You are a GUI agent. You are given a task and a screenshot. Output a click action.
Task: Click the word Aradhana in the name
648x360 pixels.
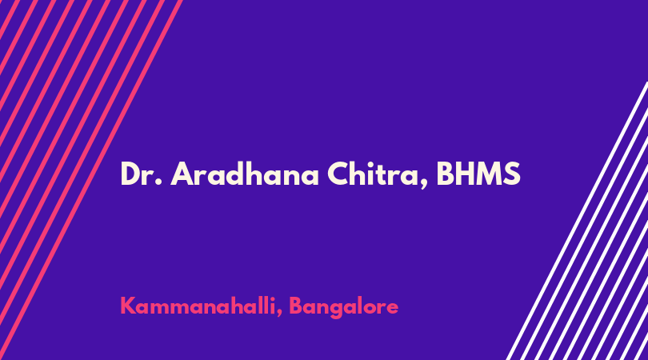coord(245,174)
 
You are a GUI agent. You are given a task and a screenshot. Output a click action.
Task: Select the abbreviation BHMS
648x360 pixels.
coord(478,174)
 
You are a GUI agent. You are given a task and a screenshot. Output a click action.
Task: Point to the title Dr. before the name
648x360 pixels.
coord(141,174)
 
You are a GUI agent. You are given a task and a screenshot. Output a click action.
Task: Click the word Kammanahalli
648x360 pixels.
coord(198,306)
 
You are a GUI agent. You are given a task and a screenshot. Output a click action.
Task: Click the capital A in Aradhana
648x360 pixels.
coord(182,174)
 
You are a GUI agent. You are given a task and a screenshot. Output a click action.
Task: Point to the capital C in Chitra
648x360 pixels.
coord(338,174)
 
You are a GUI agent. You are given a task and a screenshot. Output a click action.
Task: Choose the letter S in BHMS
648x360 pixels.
coord(512,174)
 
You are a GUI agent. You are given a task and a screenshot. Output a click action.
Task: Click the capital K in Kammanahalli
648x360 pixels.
coord(128,306)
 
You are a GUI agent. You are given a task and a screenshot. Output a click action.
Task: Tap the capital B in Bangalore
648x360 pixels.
coord(296,306)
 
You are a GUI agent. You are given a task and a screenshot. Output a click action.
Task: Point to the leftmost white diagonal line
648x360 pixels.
coord(577,221)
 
